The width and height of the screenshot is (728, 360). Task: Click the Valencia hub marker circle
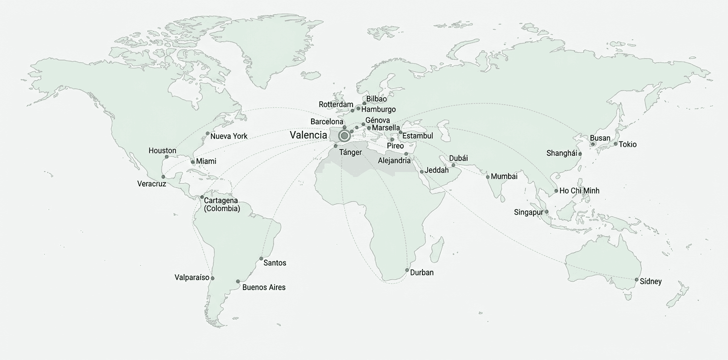tap(344, 135)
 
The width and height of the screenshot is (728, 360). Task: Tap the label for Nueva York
tap(228, 136)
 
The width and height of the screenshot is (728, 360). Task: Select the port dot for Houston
tap(166, 157)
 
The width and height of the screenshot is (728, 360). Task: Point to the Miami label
tap(206, 161)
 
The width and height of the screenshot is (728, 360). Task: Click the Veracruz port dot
tap(163, 177)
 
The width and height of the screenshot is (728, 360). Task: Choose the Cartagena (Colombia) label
tap(222, 204)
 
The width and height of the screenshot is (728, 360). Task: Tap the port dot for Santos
tap(261, 259)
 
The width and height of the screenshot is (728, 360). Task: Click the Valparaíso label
tap(192, 277)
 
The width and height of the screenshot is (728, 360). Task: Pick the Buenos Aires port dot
tap(238, 281)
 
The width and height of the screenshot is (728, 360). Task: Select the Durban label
tap(421, 272)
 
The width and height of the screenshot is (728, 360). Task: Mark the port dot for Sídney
tap(636, 280)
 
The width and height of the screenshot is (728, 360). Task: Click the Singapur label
tap(528, 212)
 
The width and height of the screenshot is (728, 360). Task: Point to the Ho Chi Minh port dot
tap(556, 191)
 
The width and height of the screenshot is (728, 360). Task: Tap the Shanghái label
tap(561, 153)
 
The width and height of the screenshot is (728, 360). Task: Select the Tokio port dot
tap(615, 144)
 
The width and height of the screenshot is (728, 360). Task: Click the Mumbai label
tap(504, 176)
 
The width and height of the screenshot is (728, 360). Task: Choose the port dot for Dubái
tap(453, 165)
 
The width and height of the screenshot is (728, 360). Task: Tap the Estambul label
tap(417, 136)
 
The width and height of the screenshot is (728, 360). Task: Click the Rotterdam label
tap(336, 104)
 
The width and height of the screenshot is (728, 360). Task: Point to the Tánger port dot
tap(335, 146)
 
